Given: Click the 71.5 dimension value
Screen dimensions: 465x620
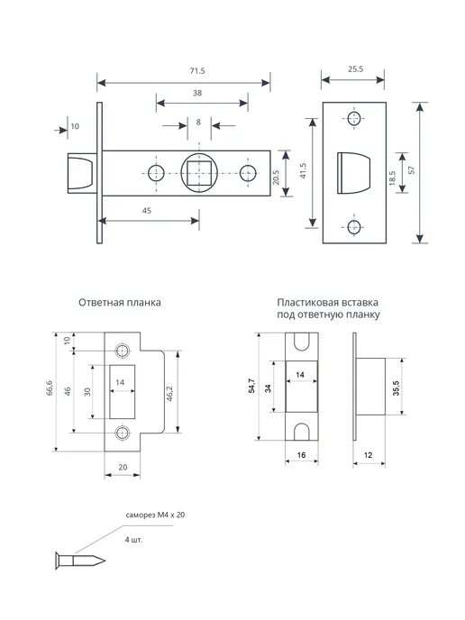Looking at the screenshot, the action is point(197,71).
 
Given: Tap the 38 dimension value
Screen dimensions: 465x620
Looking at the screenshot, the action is point(197,93).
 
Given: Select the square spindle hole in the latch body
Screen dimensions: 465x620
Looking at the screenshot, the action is point(199,173).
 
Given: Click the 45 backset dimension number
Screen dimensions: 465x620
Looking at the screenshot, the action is point(147,211).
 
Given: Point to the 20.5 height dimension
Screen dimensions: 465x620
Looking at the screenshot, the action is point(276,178).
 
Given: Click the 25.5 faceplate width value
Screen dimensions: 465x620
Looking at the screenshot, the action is point(355,69).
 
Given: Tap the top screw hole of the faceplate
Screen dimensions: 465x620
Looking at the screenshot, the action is point(354,118).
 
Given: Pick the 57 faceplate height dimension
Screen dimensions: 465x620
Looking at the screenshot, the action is point(412,170).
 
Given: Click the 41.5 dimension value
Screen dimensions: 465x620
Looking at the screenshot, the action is point(304,170).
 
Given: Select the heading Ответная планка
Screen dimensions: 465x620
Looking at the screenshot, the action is point(120,303).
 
